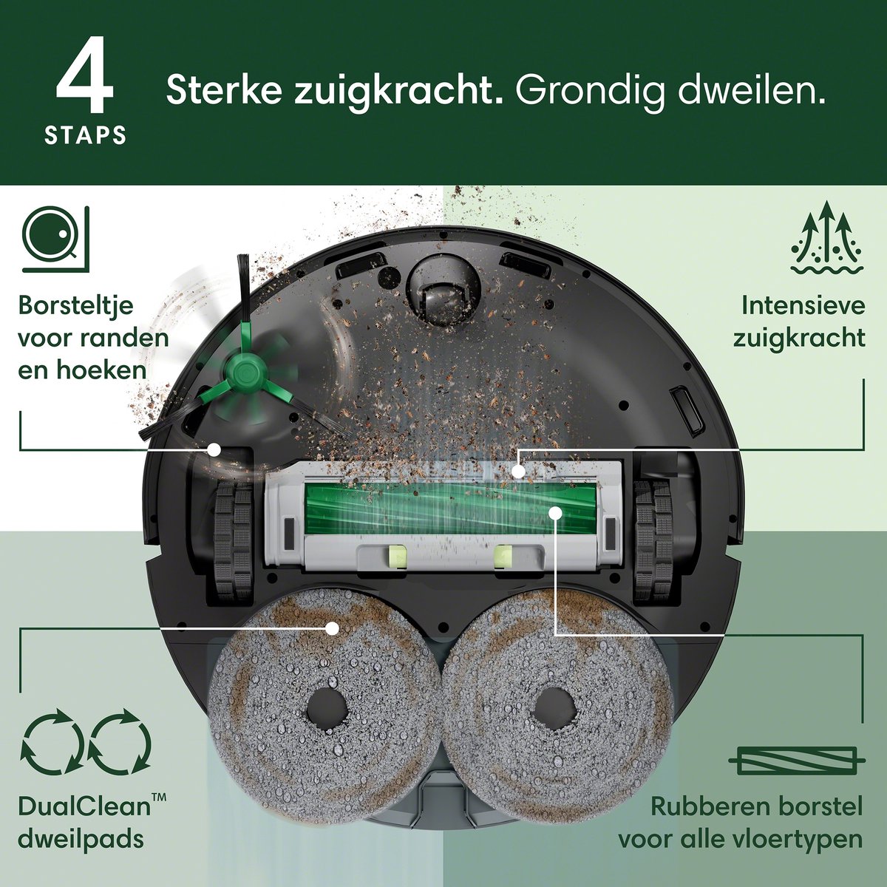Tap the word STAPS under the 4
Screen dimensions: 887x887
pos(85,135)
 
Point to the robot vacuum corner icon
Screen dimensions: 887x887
pos(55,239)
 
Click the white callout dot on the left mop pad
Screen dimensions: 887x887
pos(331,628)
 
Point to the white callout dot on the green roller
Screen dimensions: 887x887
pos(555,512)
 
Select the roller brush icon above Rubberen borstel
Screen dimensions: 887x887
pos(797,773)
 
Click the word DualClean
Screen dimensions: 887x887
pos(84,820)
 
